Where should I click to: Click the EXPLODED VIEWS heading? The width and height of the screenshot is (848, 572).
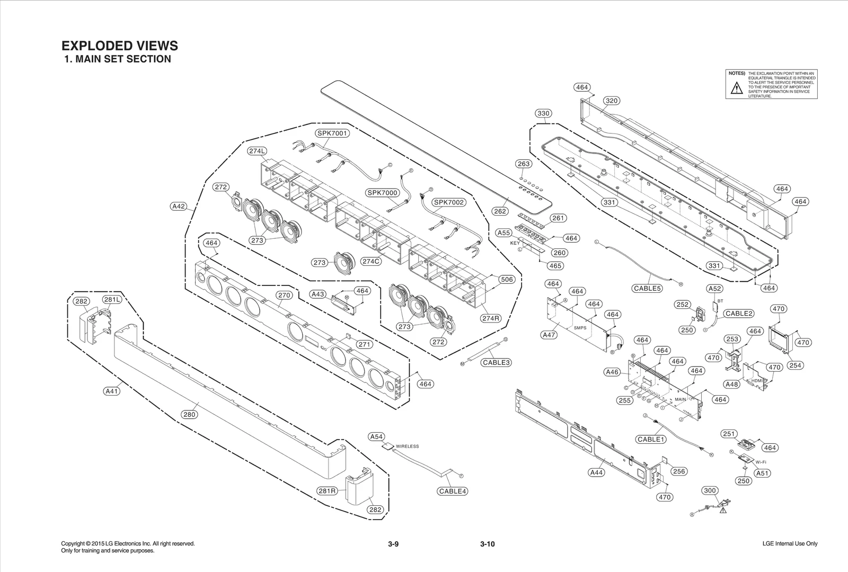pos(120,46)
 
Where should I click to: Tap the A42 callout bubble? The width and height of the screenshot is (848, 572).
pos(179,206)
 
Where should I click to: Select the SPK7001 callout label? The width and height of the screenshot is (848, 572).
pos(332,133)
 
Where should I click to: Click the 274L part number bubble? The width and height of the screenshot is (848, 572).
pos(257,151)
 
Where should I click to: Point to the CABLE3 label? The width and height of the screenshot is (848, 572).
pos(497,363)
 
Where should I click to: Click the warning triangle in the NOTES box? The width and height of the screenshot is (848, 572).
pos(737,88)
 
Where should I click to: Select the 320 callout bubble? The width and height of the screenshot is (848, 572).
pos(612,101)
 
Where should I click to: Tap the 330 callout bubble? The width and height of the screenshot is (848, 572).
pos(543,113)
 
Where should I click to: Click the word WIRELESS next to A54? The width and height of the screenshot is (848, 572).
pos(407,446)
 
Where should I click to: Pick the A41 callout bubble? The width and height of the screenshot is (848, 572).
pos(112,391)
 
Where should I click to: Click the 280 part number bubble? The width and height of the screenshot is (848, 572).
pos(189,415)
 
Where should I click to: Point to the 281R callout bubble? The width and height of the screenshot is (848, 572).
pos(327,491)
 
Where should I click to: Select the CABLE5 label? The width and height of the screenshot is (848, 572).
pos(647,289)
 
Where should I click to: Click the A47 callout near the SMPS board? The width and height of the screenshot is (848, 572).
pos(549,335)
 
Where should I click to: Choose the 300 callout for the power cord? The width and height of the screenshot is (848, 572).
pos(710,490)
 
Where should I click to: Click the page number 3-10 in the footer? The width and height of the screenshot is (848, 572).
pos(487,544)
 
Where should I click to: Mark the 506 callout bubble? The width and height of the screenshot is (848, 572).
pos(507,279)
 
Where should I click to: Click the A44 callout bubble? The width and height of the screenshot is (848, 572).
pos(597,472)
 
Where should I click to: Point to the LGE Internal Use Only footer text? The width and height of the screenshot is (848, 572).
pos(790,544)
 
